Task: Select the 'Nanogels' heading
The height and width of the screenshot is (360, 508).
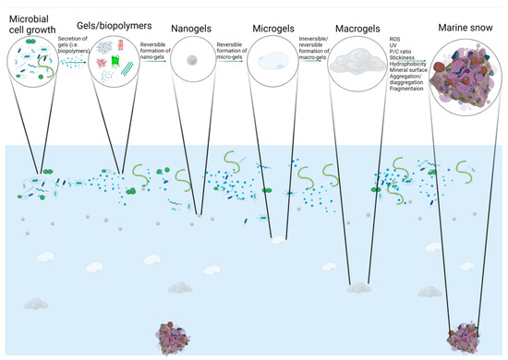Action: coord(194,27)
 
